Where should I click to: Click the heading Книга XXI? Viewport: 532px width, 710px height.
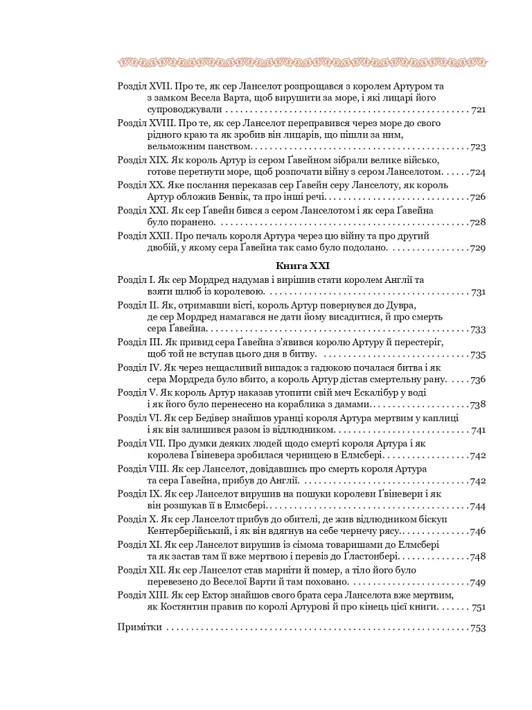point(303,266)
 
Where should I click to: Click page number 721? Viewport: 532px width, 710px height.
point(478,110)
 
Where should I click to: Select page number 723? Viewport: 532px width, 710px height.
point(478,147)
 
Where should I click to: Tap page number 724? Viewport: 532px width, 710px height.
point(478,172)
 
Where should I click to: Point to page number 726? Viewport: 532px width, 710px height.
point(478,197)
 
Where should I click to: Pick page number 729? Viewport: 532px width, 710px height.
point(478,248)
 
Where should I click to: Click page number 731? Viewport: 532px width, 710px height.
point(478,292)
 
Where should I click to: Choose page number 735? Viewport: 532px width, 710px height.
point(478,354)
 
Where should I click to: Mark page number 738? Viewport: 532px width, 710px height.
point(478,404)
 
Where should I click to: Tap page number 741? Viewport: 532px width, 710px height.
point(478,431)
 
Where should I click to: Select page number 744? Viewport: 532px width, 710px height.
point(478,506)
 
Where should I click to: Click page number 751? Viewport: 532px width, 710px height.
point(478,607)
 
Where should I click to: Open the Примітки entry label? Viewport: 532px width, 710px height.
point(140,627)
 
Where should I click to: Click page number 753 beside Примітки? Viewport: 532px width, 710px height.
point(478,628)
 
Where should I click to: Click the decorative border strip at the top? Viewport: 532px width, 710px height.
point(303,63)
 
